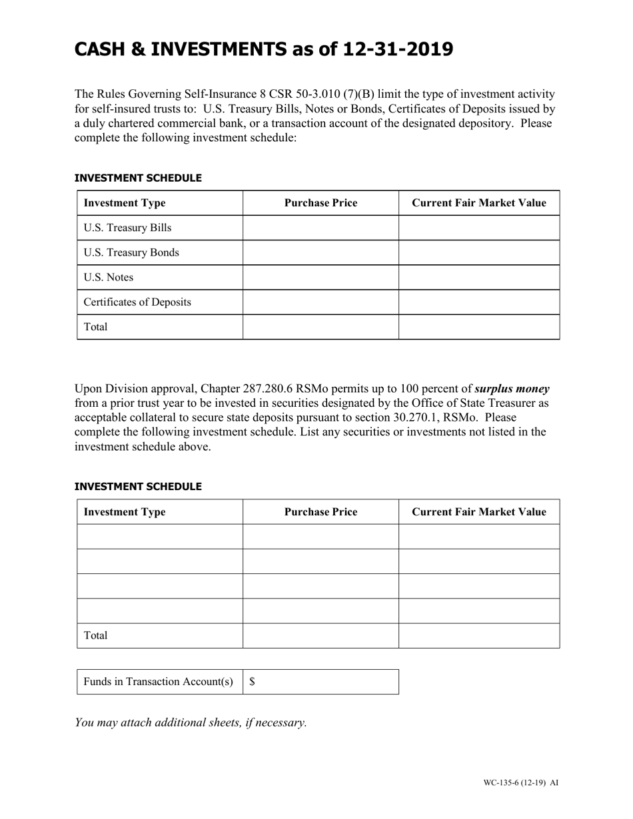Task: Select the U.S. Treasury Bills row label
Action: (x=127, y=228)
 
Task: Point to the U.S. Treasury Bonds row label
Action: (x=131, y=253)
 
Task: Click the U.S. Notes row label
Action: (x=109, y=278)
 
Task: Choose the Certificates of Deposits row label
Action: (x=137, y=302)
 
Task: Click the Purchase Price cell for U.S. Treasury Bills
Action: (x=320, y=228)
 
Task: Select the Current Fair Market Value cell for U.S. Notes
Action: (x=478, y=278)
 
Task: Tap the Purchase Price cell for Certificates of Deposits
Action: (x=320, y=302)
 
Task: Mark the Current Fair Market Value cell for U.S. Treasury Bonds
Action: (x=478, y=253)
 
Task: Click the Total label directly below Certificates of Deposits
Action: (x=95, y=327)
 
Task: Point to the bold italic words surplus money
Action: (x=512, y=389)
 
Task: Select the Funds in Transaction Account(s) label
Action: (x=159, y=682)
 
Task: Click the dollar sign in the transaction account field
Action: (x=253, y=682)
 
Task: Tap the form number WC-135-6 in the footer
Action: (x=504, y=783)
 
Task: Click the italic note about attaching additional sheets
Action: (x=191, y=722)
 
